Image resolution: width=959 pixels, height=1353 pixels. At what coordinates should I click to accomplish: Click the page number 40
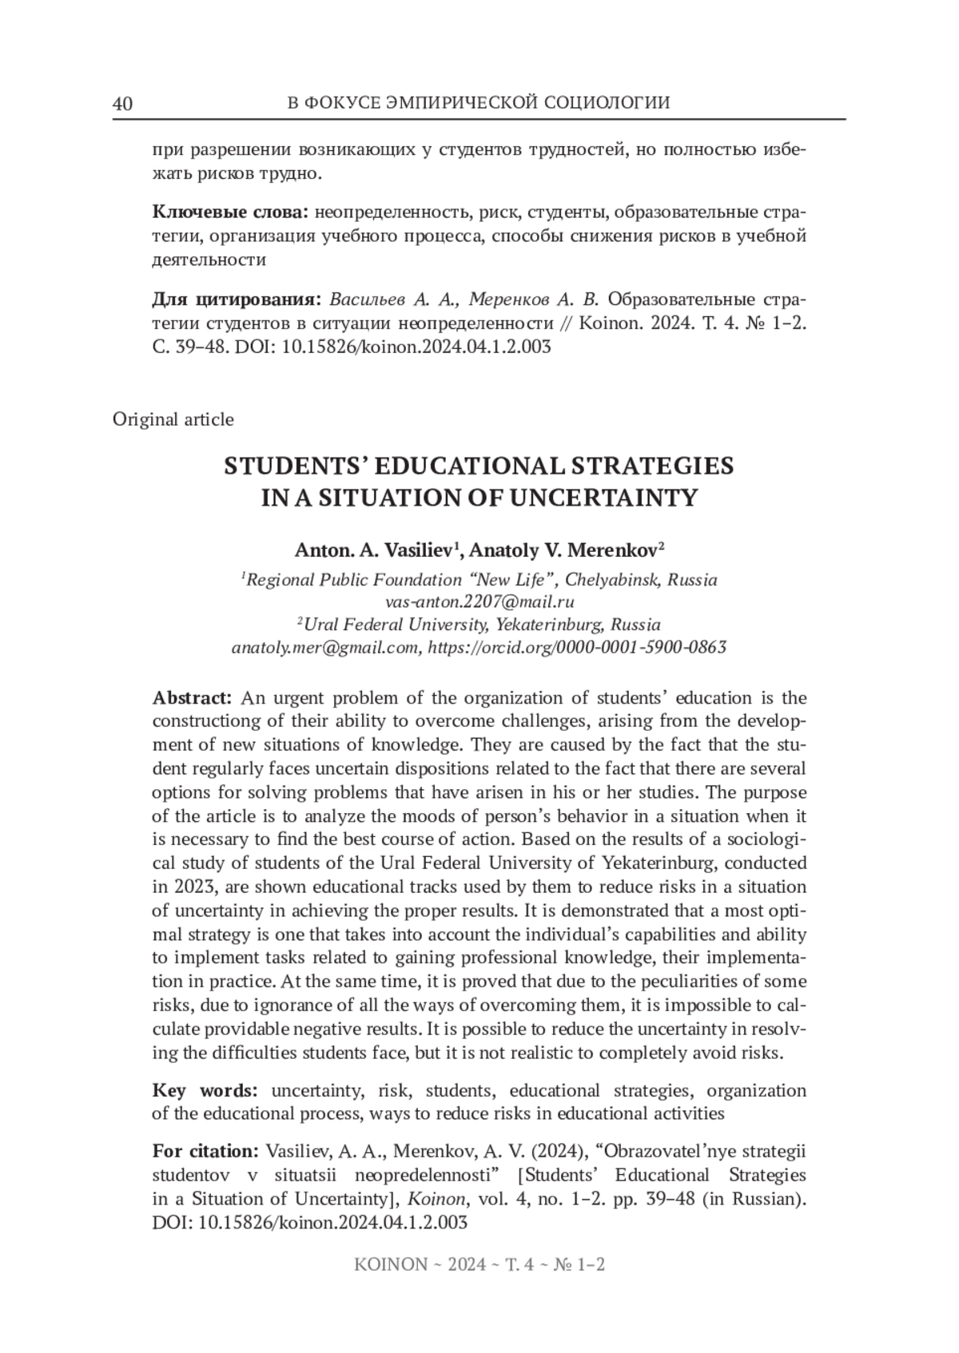pos(122,104)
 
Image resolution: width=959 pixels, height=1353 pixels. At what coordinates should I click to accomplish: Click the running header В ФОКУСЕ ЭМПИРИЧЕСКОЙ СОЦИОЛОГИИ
pos(478,103)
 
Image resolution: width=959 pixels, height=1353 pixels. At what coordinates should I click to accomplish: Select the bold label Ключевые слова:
pos(230,212)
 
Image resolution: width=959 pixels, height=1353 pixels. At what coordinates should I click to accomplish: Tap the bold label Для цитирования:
pos(237,300)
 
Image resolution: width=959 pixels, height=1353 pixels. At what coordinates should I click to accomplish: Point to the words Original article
pos(173,419)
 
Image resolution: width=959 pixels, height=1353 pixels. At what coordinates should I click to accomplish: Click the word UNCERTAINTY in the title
pos(604,498)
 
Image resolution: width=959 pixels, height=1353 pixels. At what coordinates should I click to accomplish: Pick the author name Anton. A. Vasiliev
pos(377,550)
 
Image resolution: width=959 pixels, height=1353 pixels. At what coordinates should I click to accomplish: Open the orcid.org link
pos(578,647)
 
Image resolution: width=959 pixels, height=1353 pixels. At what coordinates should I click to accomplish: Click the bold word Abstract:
pos(193,698)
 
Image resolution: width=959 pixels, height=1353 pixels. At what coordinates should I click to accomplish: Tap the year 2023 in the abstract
pos(192,887)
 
